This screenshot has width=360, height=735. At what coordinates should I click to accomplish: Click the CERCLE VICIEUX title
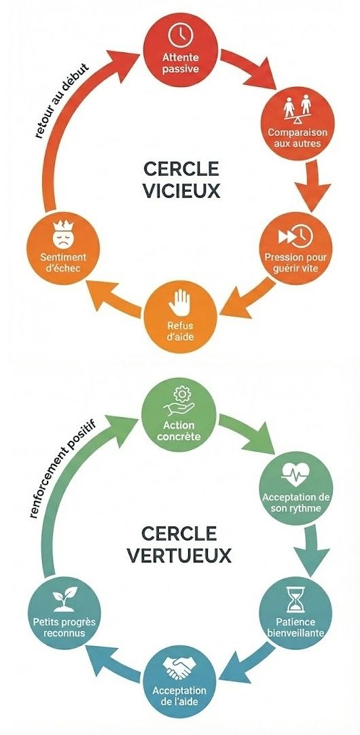click(x=182, y=179)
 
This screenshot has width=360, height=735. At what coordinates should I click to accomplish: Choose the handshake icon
click(x=179, y=669)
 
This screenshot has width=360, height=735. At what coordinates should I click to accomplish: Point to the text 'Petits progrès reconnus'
click(x=63, y=627)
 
